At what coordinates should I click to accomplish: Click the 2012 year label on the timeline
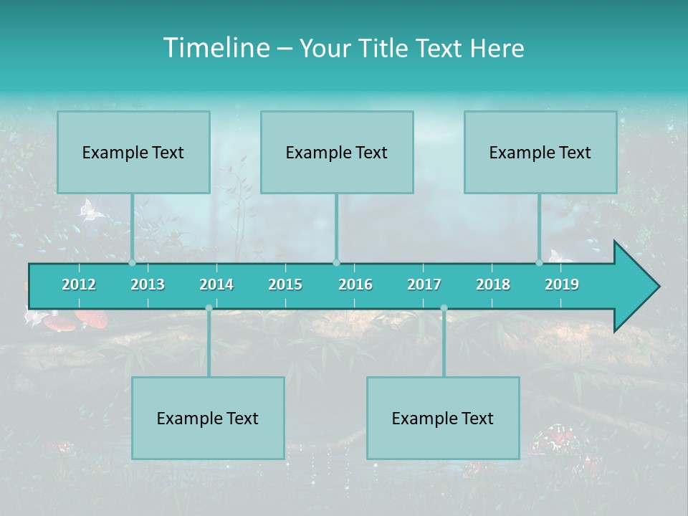[79, 285]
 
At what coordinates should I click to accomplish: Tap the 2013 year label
[148, 285]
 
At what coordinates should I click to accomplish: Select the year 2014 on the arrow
[216, 285]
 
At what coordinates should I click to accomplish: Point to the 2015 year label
[285, 285]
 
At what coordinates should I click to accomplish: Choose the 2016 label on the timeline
[355, 285]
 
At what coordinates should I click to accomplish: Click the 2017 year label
[424, 285]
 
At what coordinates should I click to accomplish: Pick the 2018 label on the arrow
[493, 285]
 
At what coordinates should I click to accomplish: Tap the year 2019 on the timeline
[562, 285]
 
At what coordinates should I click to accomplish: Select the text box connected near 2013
[133, 152]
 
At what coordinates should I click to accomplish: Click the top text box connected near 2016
[337, 152]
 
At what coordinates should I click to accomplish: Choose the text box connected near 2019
[540, 152]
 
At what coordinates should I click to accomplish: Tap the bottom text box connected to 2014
[208, 418]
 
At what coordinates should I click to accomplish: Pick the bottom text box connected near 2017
[443, 418]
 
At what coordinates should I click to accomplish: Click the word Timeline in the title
[215, 48]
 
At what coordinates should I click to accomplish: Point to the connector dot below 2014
[209, 307]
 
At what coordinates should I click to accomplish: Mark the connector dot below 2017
[444, 307]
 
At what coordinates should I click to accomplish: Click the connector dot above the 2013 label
[132, 263]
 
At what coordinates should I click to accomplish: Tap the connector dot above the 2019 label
[539, 263]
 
